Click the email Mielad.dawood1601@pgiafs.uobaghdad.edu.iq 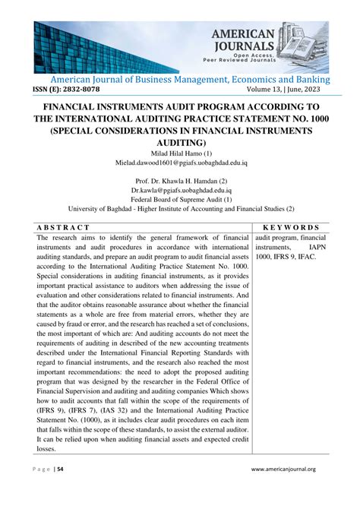coord(179,162)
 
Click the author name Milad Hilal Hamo coord(179,152)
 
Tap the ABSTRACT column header coord(64,227)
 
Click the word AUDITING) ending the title coord(179,142)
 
